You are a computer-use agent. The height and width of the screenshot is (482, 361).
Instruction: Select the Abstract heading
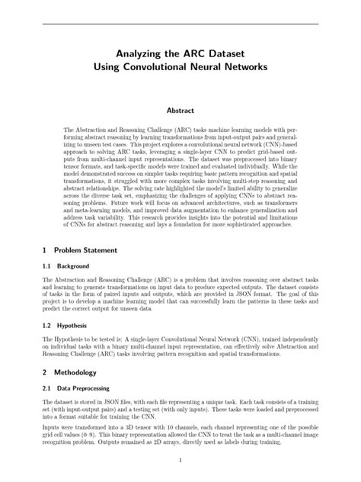(180, 111)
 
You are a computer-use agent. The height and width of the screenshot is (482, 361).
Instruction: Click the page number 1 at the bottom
(180, 461)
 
